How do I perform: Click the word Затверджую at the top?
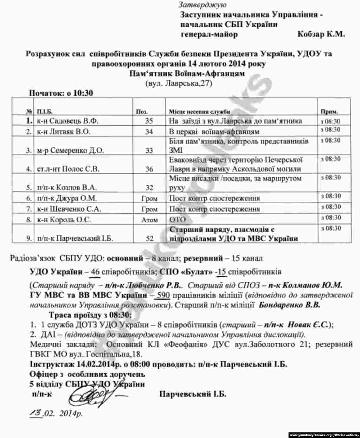click(x=202, y=5)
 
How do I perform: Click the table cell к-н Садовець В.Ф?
click(x=67, y=121)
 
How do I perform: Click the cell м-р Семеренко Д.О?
click(x=68, y=150)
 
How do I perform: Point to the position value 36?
click(x=149, y=169)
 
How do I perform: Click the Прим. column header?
click(x=329, y=111)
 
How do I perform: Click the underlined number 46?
click(x=96, y=273)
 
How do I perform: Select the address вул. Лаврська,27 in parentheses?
click(x=179, y=83)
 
